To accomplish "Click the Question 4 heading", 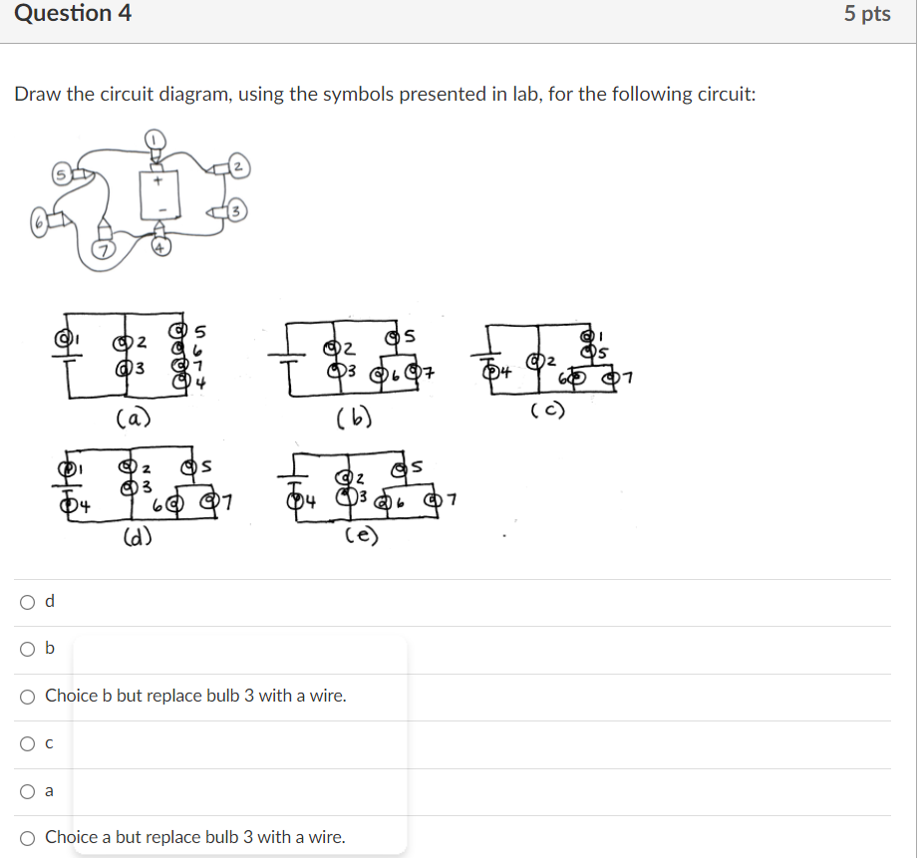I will (x=73, y=14).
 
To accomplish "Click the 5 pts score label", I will (x=866, y=14).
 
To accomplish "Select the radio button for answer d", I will (x=27, y=601).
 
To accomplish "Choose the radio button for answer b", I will (x=27, y=649).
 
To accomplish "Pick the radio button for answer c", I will (x=27, y=742).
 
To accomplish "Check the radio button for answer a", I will (x=27, y=790).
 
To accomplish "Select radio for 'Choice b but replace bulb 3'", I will (x=27, y=696).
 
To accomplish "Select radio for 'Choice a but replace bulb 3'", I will (x=27, y=837).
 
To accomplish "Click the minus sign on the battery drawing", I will (x=156, y=211).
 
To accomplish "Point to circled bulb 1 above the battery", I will (x=156, y=138).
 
